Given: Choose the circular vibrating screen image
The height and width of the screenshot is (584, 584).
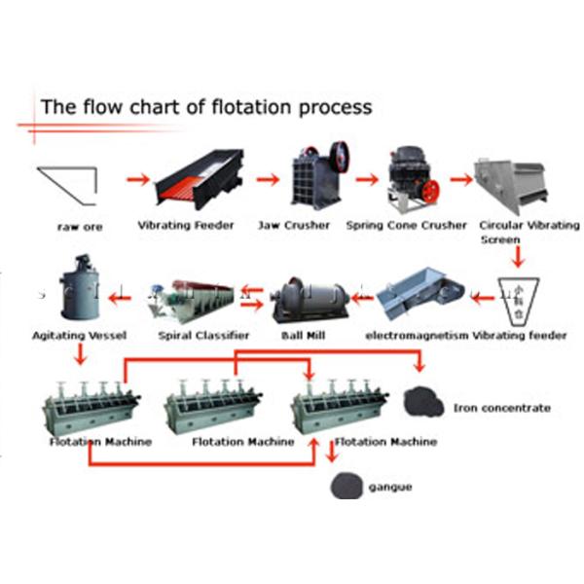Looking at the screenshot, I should [515, 183].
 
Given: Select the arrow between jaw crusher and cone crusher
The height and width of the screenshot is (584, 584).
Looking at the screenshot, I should [366, 179].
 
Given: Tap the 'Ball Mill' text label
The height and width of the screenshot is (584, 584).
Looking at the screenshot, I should [304, 336].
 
